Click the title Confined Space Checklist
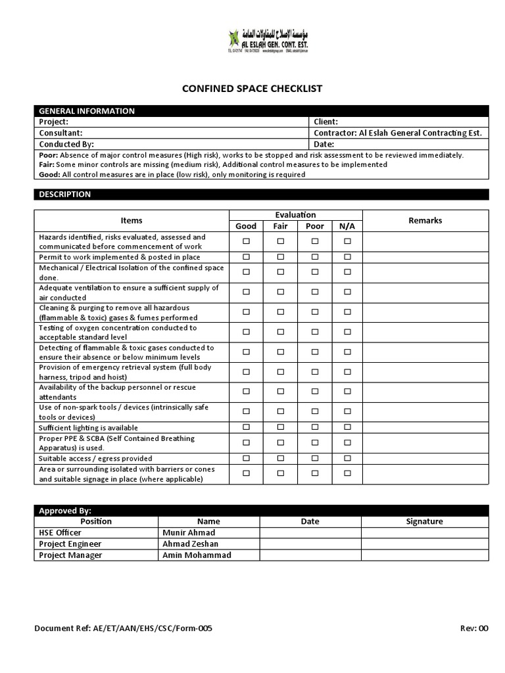252,88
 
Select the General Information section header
87,111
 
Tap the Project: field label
54,122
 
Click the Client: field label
326,122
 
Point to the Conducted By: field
67,144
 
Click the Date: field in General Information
325,144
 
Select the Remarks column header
425,221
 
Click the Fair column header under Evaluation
281,226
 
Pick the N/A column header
347,226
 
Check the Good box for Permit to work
246,257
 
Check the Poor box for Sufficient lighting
314,427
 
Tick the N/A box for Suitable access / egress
347,458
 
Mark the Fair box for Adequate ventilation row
281,292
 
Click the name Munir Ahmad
189,532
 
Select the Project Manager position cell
70,555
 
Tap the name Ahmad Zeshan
191,544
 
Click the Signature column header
424,521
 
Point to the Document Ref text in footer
123,628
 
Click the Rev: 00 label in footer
474,628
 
